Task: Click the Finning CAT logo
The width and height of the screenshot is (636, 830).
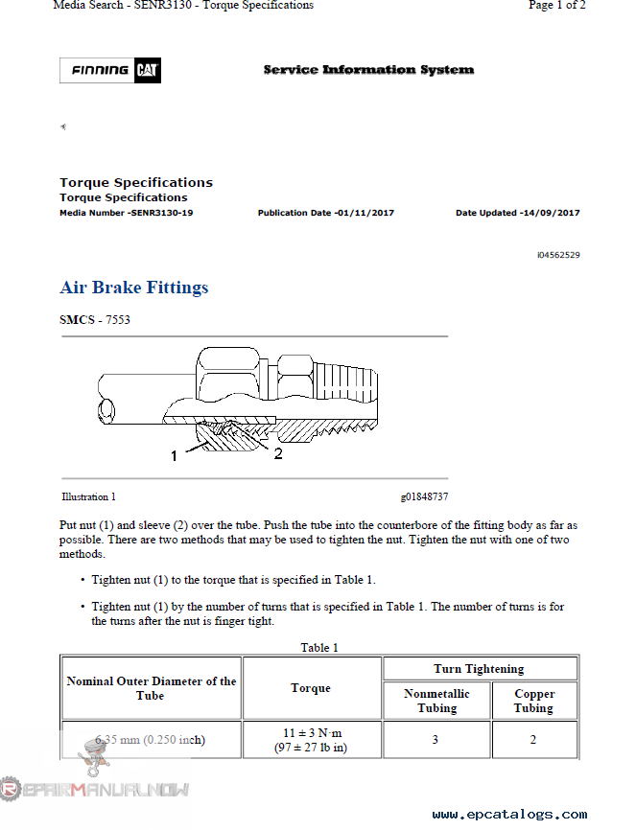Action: click(108, 70)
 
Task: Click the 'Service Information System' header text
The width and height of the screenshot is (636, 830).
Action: click(368, 70)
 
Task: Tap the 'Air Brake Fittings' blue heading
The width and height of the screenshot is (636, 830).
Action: click(134, 288)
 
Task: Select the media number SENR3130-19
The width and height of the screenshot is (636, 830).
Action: click(160, 213)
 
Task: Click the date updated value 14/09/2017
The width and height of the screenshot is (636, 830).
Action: click(550, 213)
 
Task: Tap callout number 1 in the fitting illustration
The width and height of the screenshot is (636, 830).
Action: click(175, 456)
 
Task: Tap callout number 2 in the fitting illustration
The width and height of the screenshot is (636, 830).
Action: click(278, 454)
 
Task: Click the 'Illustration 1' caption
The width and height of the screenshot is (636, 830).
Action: click(89, 497)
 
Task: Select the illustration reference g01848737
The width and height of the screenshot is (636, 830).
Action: click(424, 497)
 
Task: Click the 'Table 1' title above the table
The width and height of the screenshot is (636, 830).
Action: click(319, 648)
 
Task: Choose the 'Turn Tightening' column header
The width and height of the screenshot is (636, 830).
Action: click(480, 669)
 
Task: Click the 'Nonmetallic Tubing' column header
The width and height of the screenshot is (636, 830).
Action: click(436, 702)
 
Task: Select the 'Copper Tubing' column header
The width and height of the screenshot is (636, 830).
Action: click(533, 702)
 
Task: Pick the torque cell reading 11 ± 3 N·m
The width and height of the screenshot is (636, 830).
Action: click(312, 732)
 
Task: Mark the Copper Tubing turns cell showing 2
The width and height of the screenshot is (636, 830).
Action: click(533, 740)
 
